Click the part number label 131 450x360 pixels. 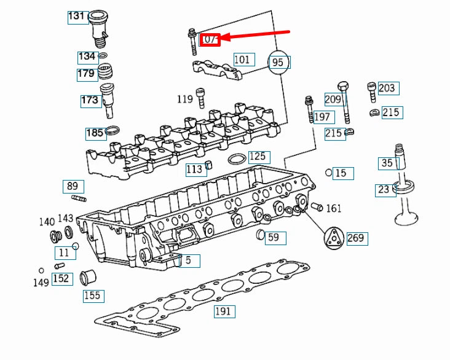tap(77, 17)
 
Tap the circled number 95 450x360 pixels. tap(278, 62)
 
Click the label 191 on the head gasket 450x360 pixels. tap(223, 311)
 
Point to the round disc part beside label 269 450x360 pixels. tap(332, 238)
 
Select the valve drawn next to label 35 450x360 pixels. tap(404, 197)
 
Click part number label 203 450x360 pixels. tap(387, 88)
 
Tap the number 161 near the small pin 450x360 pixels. tap(334, 208)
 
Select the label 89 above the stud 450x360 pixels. tap(73, 187)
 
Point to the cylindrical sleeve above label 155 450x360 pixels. tap(89, 278)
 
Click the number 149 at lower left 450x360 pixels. tap(42, 283)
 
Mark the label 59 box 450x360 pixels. tap(273, 237)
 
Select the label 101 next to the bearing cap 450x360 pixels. tap(242, 60)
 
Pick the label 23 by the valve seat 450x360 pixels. tap(384, 190)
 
